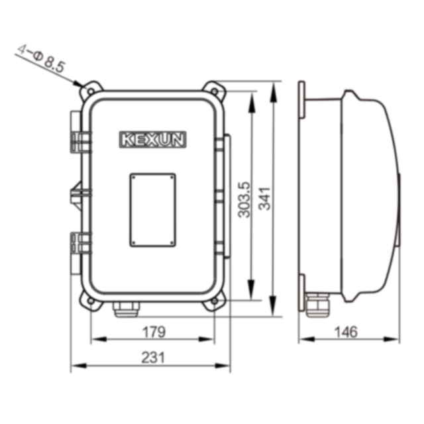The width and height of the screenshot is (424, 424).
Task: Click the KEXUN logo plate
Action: (153, 140)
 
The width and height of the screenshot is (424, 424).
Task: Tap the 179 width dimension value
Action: (153, 332)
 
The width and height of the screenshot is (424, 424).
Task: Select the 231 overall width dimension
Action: (153, 358)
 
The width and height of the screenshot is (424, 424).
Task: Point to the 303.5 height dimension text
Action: (244, 199)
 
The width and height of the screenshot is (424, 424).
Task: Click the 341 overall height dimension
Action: (264, 198)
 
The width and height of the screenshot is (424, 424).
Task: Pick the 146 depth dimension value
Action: (346, 332)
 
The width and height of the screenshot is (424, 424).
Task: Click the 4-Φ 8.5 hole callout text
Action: (41, 58)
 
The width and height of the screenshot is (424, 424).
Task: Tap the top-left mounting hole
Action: (91, 91)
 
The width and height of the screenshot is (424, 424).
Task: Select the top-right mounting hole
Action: (215, 91)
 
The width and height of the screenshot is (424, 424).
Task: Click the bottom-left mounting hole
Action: (91, 300)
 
